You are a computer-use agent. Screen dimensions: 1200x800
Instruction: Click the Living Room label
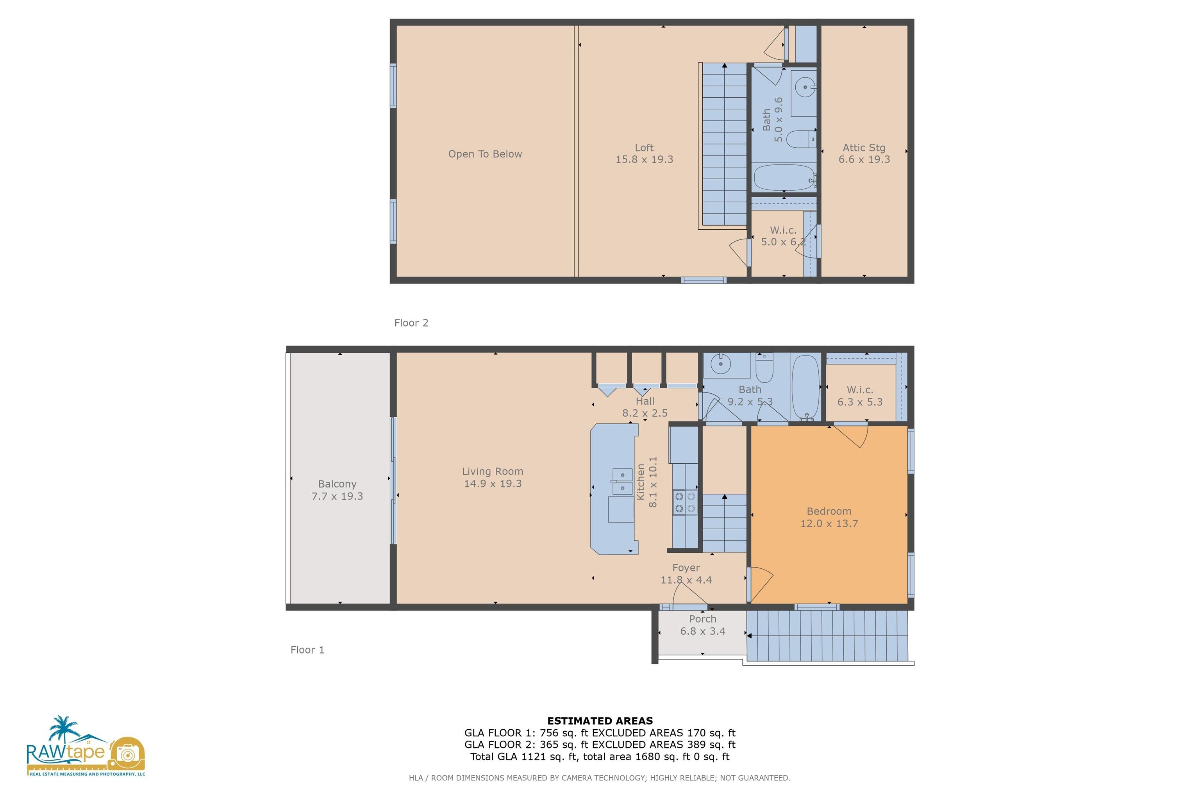[x=492, y=471]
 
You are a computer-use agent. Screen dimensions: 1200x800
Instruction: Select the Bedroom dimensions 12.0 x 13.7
[x=829, y=523]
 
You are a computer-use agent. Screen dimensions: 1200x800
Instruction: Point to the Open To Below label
[x=485, y=154]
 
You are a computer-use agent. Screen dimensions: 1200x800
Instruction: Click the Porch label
[x=703, y=619]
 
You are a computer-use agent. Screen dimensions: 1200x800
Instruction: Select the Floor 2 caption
[x=411, y=323]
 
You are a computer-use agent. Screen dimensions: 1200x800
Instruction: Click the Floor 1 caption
[x=307, y=650]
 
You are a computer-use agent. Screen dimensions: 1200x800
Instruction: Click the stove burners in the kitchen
[x=685, y=502]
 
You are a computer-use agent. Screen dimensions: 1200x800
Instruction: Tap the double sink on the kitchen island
[x=622, y=481]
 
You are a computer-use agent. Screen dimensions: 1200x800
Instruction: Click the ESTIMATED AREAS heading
[x=600, y=721]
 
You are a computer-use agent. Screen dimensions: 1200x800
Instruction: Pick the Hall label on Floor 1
[x=645, y=402]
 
